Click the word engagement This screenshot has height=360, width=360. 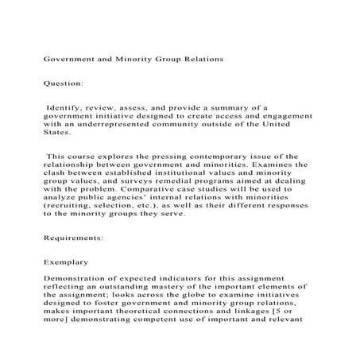tap(281, 114)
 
